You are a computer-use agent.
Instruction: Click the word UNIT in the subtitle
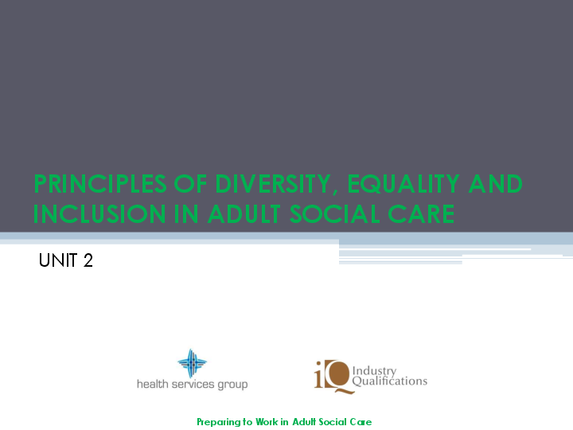click(58, 260)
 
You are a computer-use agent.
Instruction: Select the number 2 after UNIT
click(88, 260)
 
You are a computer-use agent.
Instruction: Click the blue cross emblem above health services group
click(192, 363)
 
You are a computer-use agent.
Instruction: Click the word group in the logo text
click(233, 385)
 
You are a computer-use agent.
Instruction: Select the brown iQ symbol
click(330, 376)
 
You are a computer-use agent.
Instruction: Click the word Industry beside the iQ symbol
click(374, 371)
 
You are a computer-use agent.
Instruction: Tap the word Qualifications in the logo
click(389, 381)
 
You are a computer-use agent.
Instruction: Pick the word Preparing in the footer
click(217, 422)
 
